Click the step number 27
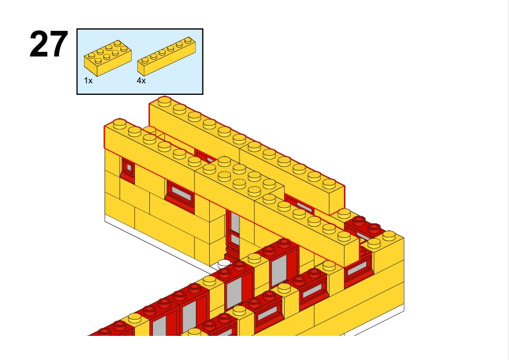tap(49, 44)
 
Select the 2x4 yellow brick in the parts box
tap(108, 58)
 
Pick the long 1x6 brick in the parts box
tap(166, 56)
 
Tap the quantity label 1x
tap(88, 80)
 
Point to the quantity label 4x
tap(141, 80)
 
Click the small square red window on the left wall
tap(128, 169)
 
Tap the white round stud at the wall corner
tap(224, 264)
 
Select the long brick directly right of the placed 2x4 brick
tap(306, 227)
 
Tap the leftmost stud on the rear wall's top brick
tap(164, 100)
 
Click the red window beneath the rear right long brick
tap(299, 204)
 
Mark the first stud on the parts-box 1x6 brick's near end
tap(144, 60)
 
